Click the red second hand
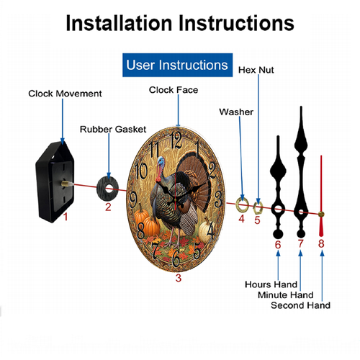[321, 192]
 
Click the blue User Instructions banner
[177, 65]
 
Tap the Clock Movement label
[65, 94]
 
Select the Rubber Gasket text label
[113, 129]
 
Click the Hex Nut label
[256, 70]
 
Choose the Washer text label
[236, 112]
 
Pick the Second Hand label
[300, 305]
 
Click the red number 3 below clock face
[178, 278]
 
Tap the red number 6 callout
[278, 245]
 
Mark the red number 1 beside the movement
[66, 217]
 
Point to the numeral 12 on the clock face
[176, 140]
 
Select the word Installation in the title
[119, 23]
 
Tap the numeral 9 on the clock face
[133, 199]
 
